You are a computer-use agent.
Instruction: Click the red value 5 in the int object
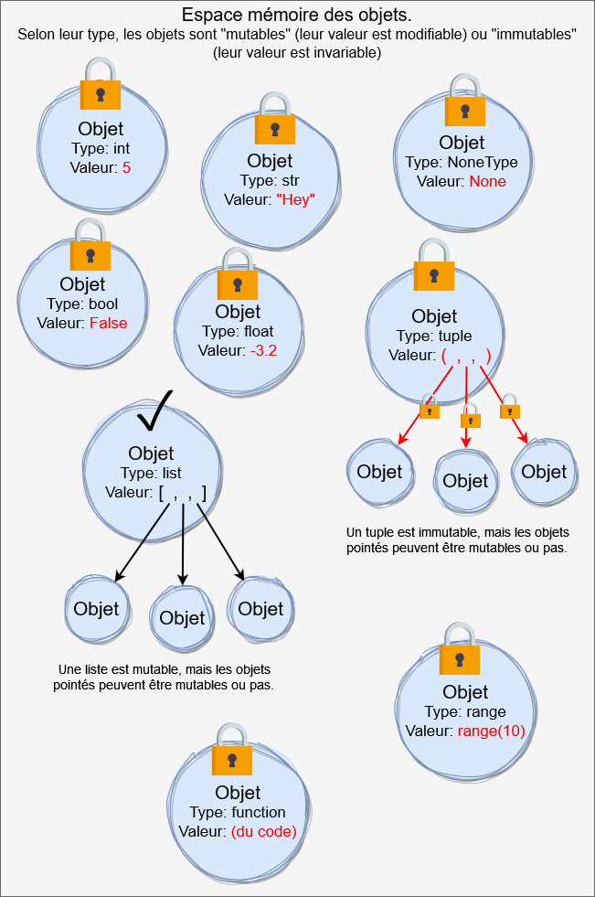(x=127, y=167)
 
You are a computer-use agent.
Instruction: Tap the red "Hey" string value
(x=295, y=199)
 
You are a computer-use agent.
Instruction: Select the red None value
(x=487, y=181)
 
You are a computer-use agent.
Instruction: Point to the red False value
(x=108, y=323)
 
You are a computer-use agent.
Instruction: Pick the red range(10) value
(x=492, y=731)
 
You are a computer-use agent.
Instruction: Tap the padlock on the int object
(x=101, y=86)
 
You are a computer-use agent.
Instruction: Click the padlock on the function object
(x=232, y=752)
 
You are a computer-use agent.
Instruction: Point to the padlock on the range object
(x=460, y=651)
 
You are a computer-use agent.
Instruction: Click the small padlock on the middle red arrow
(x=470, y=418)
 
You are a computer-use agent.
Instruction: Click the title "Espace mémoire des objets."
(x=296, y=16)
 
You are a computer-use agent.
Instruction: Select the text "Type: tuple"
(x=434, y=336)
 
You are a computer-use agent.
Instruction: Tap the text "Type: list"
(x=151, y=473)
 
